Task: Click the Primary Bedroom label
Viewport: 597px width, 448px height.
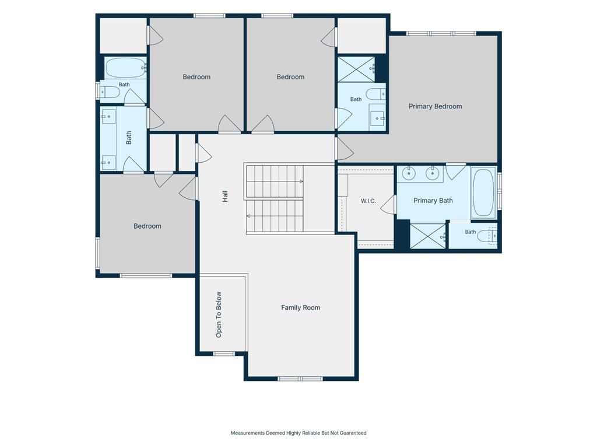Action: pos(435,106)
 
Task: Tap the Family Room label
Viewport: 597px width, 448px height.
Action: pos(300,307)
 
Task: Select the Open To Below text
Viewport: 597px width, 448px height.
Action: pos(219,314)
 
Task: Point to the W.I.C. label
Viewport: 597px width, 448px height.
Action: pos(368,201)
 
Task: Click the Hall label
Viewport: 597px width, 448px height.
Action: pos(225,196)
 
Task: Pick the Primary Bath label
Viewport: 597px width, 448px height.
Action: pos(433,201)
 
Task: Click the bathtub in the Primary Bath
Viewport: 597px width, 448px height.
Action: pos(483,192)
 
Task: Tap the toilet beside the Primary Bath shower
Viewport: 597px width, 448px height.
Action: pos(487,236)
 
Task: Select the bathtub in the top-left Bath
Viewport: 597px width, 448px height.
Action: pos(125,68)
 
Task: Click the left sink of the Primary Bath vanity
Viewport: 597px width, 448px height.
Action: pos(409,174)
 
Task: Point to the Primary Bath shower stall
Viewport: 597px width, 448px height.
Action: pos(427,236)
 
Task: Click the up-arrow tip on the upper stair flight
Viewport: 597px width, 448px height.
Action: pos(303,181)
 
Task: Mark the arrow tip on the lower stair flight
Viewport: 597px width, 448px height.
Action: pos(247,216)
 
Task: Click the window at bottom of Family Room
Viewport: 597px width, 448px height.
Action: pos(300,379)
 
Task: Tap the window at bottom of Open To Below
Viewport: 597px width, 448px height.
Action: pos(224,354)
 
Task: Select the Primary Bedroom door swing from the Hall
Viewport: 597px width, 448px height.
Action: pos(345,149)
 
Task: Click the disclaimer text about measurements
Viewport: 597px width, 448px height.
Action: pos(298,433)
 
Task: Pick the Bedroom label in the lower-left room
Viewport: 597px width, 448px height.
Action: pos(148,226)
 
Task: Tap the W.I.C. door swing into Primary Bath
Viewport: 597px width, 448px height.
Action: pos(388,205)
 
